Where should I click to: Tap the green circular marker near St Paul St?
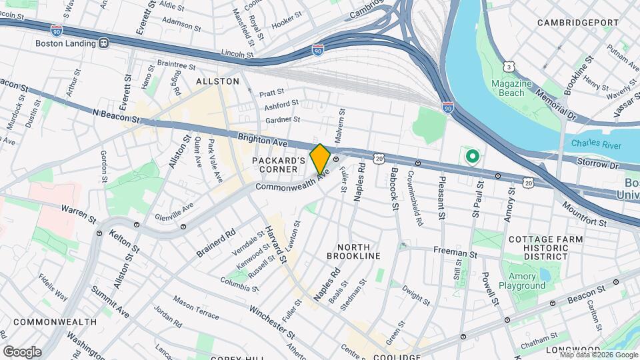473,157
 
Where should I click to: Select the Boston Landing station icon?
103,43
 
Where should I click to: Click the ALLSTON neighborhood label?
217,81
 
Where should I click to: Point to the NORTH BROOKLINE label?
353,256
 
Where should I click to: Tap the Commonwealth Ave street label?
293,182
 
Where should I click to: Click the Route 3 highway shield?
509,67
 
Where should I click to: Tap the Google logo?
22,351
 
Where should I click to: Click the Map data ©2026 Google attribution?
597,355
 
